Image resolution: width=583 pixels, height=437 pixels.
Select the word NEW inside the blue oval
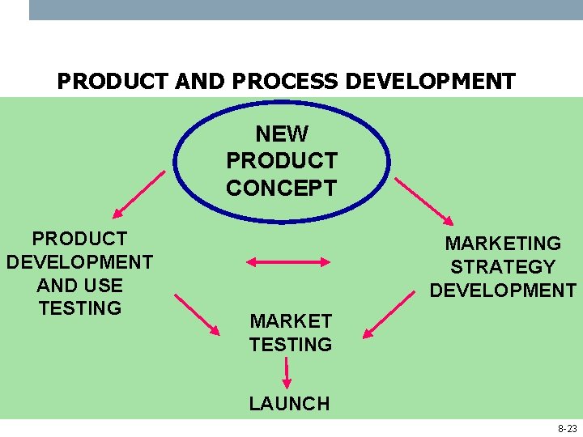coord(281,134)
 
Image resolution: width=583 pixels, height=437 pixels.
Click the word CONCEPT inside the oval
coord(281,189)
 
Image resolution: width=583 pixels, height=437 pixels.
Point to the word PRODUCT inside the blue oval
coord(281,161)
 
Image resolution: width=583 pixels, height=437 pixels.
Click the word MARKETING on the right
coord(503,244)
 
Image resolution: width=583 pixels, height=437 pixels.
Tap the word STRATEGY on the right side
coord(503,267)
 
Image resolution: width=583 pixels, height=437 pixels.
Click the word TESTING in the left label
coord(79,308)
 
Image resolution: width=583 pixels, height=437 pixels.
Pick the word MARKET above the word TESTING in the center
coord(291,321)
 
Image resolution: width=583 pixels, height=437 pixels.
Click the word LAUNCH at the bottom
coord(289,404)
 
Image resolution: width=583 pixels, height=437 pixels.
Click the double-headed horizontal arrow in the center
coord(288,262)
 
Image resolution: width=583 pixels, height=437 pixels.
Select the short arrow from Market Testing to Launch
coord(287,373)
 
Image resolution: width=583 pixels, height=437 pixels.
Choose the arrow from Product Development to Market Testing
coord(197,313)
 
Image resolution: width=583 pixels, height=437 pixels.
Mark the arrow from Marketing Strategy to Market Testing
coord(389,315)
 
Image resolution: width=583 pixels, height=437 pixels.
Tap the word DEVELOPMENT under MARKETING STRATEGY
coord(503,291)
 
